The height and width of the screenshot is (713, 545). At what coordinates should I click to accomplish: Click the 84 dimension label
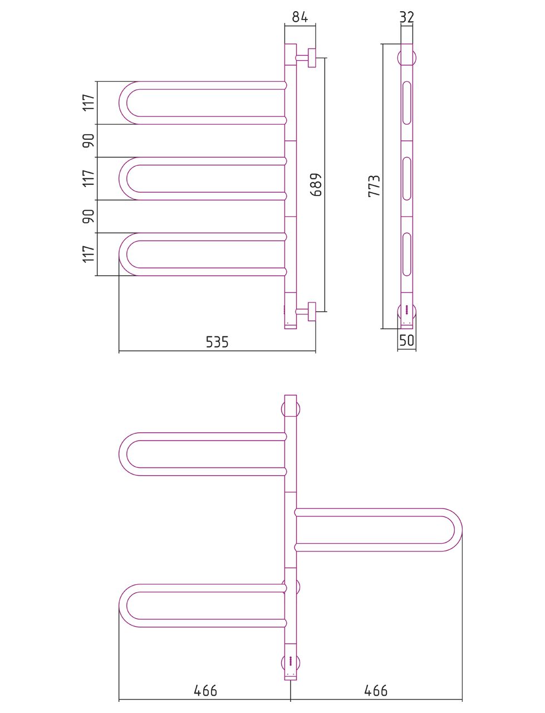[x=299, y=16]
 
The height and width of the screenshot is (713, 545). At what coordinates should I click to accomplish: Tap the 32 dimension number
[x=407, y=17]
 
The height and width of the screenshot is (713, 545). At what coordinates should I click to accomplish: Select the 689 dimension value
[x=316, y=184]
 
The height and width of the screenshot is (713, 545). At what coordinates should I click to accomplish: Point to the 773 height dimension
[x=374, y=186]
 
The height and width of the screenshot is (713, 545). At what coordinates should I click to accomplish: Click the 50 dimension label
[x=406, y=340]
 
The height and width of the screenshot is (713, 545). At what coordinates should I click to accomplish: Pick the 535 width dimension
[x=217, y=341]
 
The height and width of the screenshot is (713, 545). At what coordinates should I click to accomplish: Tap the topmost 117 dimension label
[x=89, y=102]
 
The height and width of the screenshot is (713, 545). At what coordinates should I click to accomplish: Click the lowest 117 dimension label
[x=89, y=254]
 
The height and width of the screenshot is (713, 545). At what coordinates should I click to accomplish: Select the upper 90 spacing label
[x=89, y=141]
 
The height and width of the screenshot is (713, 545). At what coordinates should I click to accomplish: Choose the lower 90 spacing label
[x=89, y=216]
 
